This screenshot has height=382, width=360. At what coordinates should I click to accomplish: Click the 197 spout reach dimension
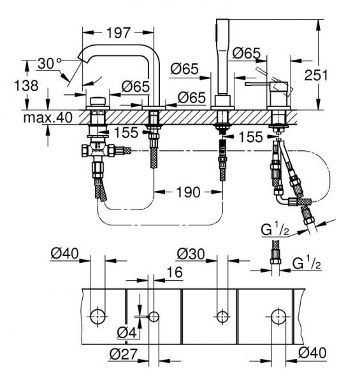[x=119, y=32]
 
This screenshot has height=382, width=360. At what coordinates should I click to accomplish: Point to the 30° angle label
[x=50, y=64]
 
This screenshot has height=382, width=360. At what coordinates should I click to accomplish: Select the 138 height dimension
[x=26, y=86]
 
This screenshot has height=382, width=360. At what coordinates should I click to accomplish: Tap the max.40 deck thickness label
[x=48, y=118]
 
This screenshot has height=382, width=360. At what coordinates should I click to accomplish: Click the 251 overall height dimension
[x=316, y=75]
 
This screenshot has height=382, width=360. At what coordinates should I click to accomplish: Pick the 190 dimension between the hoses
[x=189, y=192]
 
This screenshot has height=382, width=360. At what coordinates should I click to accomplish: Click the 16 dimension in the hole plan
[x=175, y=272]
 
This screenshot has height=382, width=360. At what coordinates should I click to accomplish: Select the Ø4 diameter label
[x=127, y=332]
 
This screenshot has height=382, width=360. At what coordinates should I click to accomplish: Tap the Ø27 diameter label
[x=124, y=354]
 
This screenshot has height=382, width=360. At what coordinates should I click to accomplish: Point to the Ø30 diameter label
[x=191, y=254]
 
